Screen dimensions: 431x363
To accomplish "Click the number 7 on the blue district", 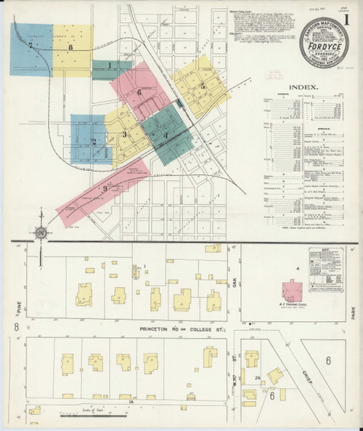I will (30, 45).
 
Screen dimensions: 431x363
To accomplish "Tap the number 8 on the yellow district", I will (70, 48).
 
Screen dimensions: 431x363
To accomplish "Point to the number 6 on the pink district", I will (138, 94).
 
